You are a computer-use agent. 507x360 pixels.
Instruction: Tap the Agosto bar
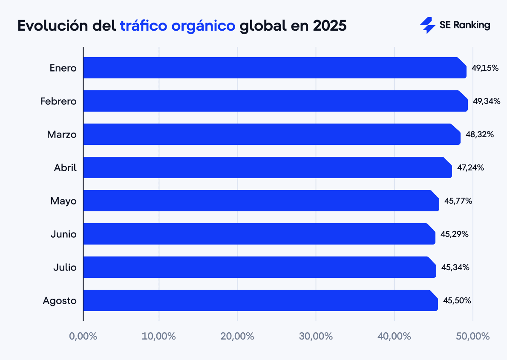pyautogui.click(x=260, y=300)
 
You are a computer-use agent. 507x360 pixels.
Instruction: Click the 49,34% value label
pyautogui.click(x=487, y=101)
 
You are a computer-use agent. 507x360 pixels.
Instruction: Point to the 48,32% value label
pyautogui.click(x=480, y=134)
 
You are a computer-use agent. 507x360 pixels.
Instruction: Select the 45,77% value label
pyautogui.click(x=458, y=201)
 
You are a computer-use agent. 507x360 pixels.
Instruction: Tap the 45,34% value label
pyautogui.click(x=455, y=267)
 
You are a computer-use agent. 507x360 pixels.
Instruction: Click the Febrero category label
pyautogui.click(x=58, y=101)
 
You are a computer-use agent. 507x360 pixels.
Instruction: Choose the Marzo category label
pyautogui.click(x=62, y=135)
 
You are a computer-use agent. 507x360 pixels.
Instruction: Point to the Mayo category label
pyautogui.click(x=63, y=201)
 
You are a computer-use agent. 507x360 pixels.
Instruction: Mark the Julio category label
pyautogui.click(x=65, y=268)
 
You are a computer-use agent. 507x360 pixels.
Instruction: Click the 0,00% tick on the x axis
pyautogui.click(x=83, y=336)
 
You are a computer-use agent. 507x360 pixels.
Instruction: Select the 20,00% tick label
pyautogui.click(x=237, y=336)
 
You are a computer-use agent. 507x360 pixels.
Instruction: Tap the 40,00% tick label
pyautogui.click(x=394, y=336)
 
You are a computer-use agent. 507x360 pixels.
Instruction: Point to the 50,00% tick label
pyautogui.click(x=473, y=336)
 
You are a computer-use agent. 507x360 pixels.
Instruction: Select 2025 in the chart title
pyautogui.click(x=330, y=26)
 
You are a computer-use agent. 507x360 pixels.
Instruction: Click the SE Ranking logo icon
pyautogui.click(x=427, y=25)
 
